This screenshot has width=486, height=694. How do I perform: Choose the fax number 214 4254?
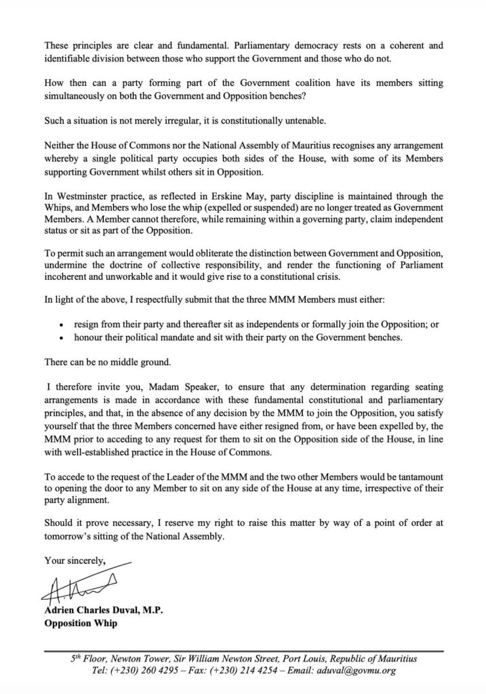[270, 670]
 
